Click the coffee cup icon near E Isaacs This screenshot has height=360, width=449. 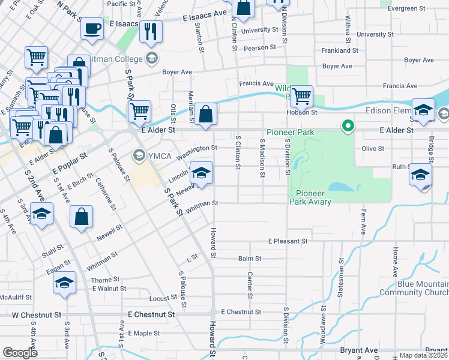point(92,28)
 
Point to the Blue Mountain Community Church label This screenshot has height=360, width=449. point(414,288)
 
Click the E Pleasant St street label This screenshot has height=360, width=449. point(288,241)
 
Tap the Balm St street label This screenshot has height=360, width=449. point(250,259)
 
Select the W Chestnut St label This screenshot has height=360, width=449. point(37,314)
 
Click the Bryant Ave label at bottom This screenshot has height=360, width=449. point(359,350)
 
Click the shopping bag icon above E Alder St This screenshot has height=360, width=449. point(205,114)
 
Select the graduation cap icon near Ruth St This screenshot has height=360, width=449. point(420,175)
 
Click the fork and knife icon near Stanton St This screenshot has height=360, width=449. point(151,31)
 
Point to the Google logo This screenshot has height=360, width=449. point(20,352)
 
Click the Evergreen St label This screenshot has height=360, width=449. point(406,8)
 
